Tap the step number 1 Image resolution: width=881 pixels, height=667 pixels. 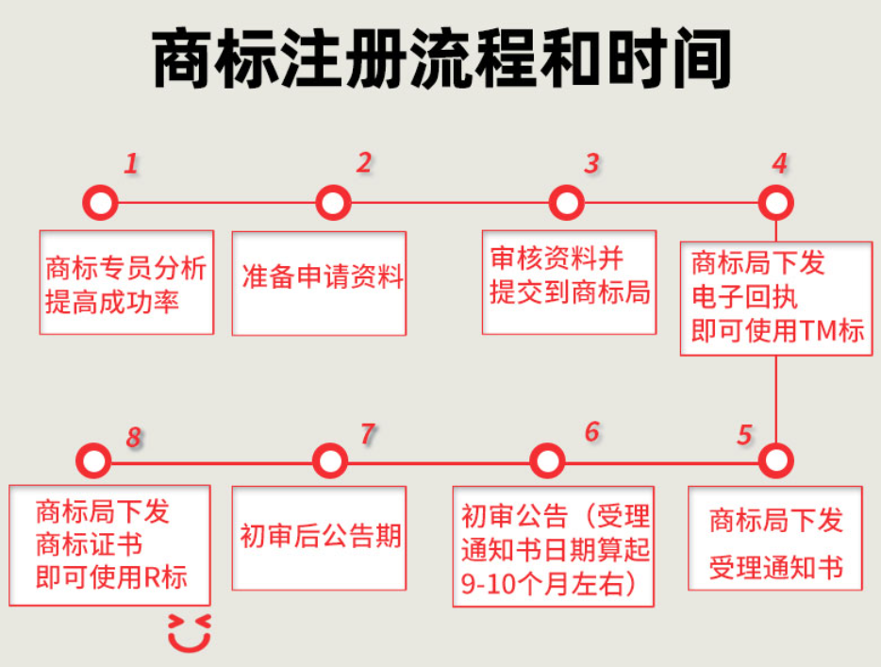pyautogui.click(x=131, y=164)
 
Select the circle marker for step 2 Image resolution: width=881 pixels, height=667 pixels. pyautogui.click(x=332, y=202)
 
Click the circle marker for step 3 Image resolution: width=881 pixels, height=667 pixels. pyautogui.click(x=565, y=202)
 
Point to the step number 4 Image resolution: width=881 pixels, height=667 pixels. pyautogui.click(x=779, y=163)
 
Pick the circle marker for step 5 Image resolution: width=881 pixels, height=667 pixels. pyautogui.click(x=775, y=460)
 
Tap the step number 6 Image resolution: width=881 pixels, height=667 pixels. pyautogui.click(x=591, y=432)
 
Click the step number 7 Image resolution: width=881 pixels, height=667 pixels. pyautogui.click(x=367, y=434)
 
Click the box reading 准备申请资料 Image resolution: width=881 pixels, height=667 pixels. pyautogui.click(x=319, y=278)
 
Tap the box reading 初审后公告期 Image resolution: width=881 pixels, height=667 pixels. pyautogui.click(x=319, y=537)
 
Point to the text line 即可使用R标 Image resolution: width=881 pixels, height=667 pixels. pyautogui.click(x=111, y=576)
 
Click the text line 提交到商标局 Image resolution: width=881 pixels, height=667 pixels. pyautogui.click(x=570, y=292)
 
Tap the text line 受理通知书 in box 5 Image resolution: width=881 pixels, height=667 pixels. pyautogui.click(x=775, y=568)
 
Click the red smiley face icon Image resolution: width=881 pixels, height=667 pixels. pyautogui.click(x=189, y=633)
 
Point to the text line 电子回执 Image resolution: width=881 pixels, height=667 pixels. pyautogui.click(x=744, y=297)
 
